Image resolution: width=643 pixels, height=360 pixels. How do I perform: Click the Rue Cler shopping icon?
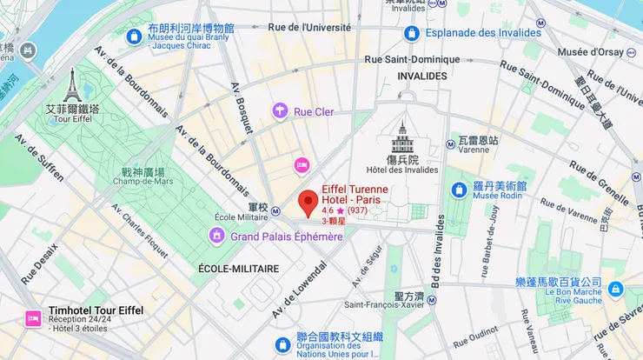pyautogui.click(x=280, y=110)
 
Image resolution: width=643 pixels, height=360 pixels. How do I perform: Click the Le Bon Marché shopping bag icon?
pyautogui.click(x=615, y=289)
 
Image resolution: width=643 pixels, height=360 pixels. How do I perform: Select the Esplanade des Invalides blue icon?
pyautogui.click(x=412, y=34)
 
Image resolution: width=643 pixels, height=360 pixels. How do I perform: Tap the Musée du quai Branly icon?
pyautogui.click(x=135, y=37)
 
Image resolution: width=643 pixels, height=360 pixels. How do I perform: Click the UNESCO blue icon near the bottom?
pyautogui.click(x=282, y=344)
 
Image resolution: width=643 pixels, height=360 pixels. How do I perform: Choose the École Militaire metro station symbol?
pyautogui.click(x=275, y=210)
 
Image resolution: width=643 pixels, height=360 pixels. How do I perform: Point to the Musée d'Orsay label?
pyautogui.click(x=591, y=51)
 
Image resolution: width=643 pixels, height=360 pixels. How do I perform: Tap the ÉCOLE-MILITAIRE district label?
pyautogui.click(x=238, y=269)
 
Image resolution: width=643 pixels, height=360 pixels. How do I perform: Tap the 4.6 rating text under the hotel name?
pyautogui.click(x=328, y=211)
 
